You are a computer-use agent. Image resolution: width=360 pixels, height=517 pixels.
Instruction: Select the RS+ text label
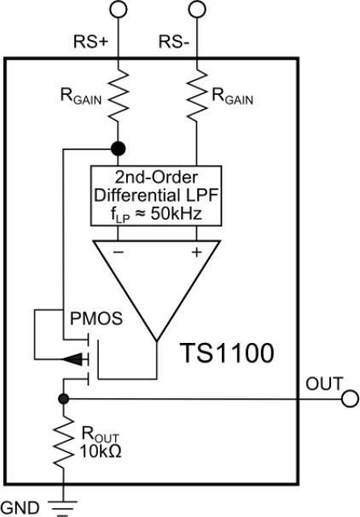point(90,42)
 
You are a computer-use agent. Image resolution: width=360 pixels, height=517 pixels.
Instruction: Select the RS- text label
point(174,42)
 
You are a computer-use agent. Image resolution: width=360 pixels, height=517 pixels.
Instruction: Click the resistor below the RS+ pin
point(118,95)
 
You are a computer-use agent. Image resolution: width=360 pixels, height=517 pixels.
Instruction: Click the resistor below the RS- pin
point(197,95)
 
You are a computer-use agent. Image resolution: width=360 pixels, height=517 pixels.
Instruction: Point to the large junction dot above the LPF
point(118,148)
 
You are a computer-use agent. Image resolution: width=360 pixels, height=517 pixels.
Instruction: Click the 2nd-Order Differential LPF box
point(156,196)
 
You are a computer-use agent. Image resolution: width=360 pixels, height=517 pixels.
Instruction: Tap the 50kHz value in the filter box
point(176,214)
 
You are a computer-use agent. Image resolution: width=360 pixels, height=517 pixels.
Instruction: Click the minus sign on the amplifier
point(119,253)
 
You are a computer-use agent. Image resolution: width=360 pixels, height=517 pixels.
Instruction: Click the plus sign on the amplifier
point(196,253)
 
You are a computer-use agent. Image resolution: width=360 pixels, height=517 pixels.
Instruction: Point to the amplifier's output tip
point(157,340)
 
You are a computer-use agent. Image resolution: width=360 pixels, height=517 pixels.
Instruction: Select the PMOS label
point(96,319)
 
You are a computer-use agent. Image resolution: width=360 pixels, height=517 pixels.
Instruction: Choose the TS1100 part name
point(227,353)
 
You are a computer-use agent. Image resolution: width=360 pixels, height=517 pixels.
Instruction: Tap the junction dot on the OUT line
point(63,399)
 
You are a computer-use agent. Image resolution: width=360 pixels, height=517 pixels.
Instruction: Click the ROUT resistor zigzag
point(63,441)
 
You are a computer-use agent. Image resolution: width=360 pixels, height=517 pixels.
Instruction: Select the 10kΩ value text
point(101,451)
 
